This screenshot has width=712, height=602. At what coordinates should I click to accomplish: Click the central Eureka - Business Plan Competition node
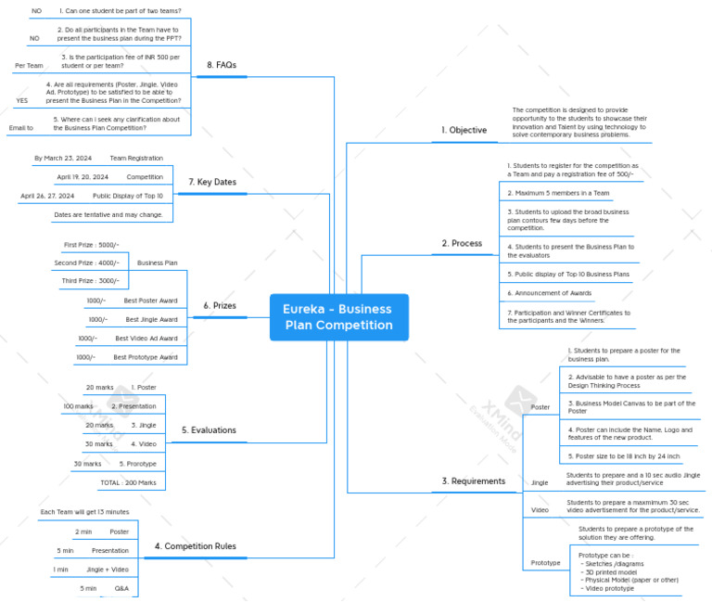(338, 317)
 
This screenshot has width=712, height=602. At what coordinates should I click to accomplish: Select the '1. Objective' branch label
(464, 130)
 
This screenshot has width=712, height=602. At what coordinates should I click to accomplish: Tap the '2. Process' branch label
(462, 243)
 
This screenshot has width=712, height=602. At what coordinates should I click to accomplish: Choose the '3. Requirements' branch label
(473, 480)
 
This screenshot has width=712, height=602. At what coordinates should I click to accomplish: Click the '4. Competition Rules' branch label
(195, 546)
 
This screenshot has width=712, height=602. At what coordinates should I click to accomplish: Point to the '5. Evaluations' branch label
(209, 430)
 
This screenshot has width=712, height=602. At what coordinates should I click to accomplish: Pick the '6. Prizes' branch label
(220, 305)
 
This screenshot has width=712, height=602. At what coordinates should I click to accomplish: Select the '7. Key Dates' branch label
(211, 182)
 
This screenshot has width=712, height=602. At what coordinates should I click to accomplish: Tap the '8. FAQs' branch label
(222, 65)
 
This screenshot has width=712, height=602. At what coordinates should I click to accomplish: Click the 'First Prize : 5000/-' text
(91, 245)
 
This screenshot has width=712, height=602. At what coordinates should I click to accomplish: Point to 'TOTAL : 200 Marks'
(128, 482)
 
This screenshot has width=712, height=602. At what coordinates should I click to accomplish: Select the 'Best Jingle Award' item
(151, 319)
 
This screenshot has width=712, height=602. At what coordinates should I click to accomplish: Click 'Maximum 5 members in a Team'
(558, 193)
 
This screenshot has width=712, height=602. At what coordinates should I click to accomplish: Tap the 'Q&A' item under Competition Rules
(121, 588)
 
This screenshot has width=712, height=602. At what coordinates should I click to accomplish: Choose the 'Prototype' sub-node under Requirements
(545, 563)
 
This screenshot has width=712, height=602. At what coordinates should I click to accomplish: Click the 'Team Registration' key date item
(135, 159)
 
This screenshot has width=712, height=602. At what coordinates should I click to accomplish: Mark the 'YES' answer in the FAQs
(22, 100)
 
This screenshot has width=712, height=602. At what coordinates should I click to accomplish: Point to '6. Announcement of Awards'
(549, 292)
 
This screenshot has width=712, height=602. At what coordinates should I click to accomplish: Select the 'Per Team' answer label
(29, 66)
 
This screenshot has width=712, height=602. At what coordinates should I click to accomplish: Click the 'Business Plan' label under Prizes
(157, 263)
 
